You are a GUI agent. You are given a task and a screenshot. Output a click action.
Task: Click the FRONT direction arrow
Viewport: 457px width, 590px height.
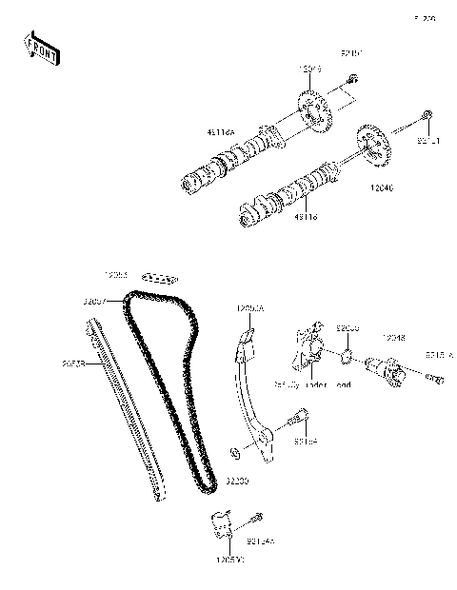point(41,49)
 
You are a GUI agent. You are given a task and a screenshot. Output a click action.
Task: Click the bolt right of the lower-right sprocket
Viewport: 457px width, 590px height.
point(428,118)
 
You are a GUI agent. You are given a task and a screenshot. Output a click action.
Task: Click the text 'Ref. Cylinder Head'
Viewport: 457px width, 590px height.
point(312,385)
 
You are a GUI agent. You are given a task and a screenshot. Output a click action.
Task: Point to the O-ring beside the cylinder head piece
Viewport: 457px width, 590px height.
point(349,357)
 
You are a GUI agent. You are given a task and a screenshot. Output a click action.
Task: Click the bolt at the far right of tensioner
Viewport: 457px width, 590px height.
point(437,381)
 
